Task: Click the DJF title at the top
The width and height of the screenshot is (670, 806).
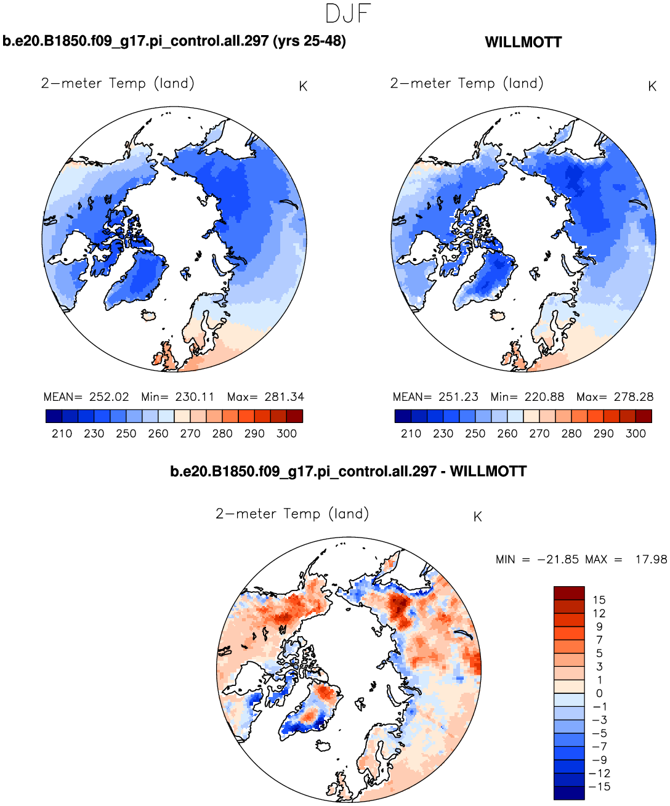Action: pos(348,14)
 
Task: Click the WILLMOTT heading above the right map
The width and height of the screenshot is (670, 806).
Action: pos(523,42)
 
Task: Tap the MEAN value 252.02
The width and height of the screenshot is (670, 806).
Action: pos(109,397)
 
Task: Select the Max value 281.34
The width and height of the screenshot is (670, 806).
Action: pos(284,397)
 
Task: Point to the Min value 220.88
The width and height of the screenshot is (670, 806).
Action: pos(544,397)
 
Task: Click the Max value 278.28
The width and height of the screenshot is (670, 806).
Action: pos(634,397)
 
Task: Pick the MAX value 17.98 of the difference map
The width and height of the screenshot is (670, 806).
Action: pos(651,560)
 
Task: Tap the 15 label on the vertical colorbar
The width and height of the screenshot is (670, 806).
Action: pos(599,600)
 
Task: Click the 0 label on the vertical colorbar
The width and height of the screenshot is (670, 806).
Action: pos(599,693)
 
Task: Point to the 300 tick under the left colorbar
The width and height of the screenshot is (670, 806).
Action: pos(287,433)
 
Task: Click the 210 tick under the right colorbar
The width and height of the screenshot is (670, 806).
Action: pos(411,433)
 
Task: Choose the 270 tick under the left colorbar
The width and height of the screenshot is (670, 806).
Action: pos(190,433)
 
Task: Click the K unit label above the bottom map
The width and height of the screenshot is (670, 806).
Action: pos(477,517)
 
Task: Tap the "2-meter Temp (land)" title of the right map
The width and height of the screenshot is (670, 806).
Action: pos(467,84)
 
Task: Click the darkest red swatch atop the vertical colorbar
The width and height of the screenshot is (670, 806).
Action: pos(568,593)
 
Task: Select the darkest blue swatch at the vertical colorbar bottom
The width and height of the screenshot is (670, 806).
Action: pos(568,793)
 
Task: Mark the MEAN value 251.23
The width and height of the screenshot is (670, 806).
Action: pos(458,397)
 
